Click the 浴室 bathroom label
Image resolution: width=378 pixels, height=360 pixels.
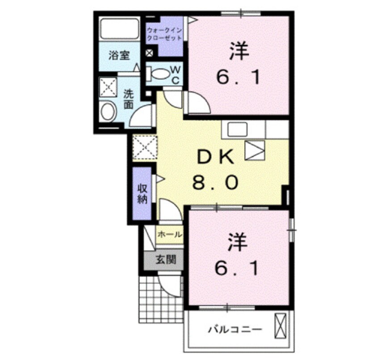coord(119,56)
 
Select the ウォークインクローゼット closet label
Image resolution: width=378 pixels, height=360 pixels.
coord(164,34)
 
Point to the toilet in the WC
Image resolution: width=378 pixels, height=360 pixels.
coord(157,73)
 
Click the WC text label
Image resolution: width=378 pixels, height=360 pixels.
coord(176,75)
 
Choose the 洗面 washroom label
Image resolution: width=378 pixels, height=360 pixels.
coord(129,99)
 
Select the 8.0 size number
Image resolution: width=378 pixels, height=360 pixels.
coord(216,182)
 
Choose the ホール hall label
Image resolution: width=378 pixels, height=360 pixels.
coord(170,234)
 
